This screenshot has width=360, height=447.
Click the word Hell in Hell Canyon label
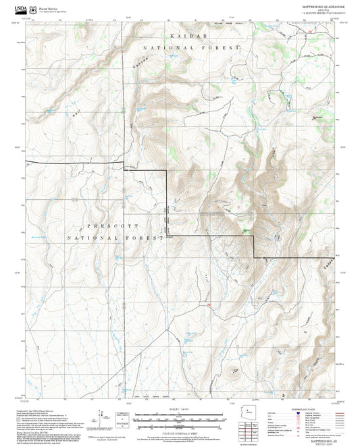(x=74, y=115)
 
